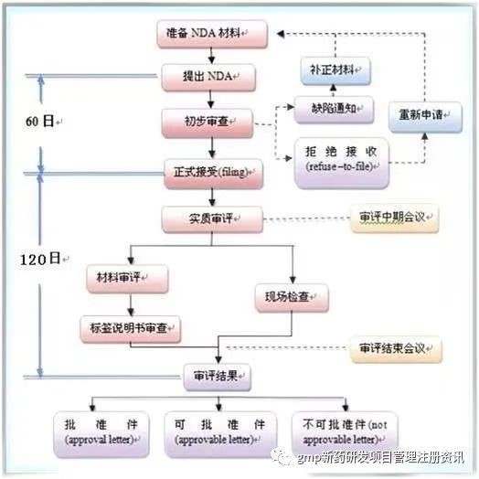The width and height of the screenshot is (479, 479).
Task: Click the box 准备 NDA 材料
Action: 212,34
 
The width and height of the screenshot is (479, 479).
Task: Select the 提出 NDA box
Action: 208,78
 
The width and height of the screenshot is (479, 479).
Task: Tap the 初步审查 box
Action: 208,123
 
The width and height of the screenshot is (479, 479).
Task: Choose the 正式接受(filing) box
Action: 214,174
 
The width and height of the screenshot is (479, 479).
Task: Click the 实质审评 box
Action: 212,219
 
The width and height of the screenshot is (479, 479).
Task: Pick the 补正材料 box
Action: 335,71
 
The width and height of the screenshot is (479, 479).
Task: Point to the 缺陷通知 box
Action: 334,110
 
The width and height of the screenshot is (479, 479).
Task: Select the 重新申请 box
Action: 425,117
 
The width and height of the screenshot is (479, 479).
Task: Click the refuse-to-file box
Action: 342,163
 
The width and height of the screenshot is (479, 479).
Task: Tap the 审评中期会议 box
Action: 394,218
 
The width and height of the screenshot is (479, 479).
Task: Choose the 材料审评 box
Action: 127,279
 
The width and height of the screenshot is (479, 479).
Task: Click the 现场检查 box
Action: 292,298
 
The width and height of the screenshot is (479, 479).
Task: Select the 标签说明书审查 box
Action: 131,329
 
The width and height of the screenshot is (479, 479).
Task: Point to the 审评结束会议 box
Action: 396,349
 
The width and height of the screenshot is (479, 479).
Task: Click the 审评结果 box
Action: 218,377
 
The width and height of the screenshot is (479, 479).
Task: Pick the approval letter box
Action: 101,434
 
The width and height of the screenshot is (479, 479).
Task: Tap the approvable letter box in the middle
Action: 220,434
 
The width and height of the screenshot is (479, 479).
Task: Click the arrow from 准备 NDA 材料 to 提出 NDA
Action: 211,56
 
